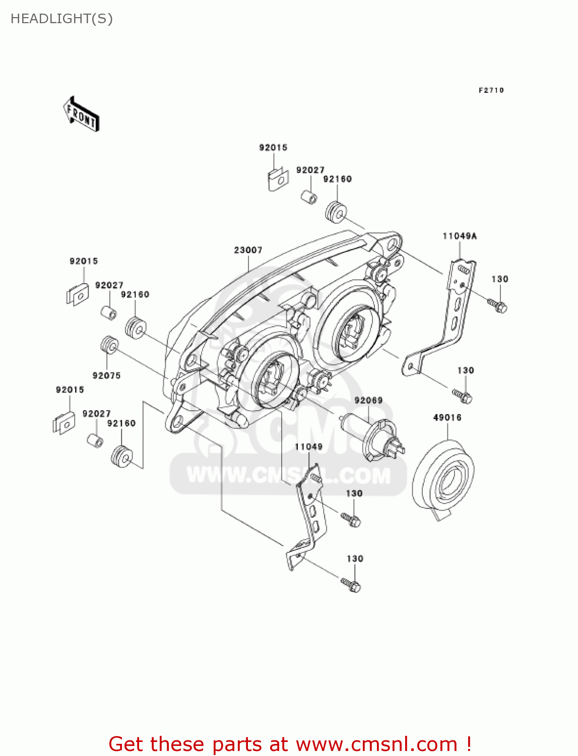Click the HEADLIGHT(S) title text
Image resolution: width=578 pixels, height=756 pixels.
click(x=61, y=19)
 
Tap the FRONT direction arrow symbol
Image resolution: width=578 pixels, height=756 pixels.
click(x=81, y=114)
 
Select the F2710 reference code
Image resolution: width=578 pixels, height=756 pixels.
click(x=491, y=90)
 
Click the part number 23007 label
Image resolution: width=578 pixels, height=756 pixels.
click(x=248, y=250)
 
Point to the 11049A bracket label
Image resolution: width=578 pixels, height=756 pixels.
click(x=460, y=236)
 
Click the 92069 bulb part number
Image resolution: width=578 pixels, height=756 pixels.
click(x=368, y=400)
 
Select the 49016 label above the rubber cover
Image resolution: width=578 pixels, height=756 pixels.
click(x=447, y=417)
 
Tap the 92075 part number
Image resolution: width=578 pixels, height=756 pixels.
click(x=106, y=375)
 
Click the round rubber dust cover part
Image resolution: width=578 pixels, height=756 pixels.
click(x=443, y=479)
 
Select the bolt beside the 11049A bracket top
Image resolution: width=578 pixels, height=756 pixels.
click(x=497, y=305)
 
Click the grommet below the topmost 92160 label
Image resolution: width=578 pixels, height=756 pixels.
click(x=336, y=212)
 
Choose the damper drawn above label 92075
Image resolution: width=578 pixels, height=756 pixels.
click(x=109, y=346)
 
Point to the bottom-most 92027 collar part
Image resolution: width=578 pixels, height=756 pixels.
click(x=95, y=440)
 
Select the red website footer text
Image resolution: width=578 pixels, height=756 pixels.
click(x=290, y=744)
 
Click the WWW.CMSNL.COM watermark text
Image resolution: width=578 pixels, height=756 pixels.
click(x=288, y=475)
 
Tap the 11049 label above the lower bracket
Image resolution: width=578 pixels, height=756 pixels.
click(x=308, y=447)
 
